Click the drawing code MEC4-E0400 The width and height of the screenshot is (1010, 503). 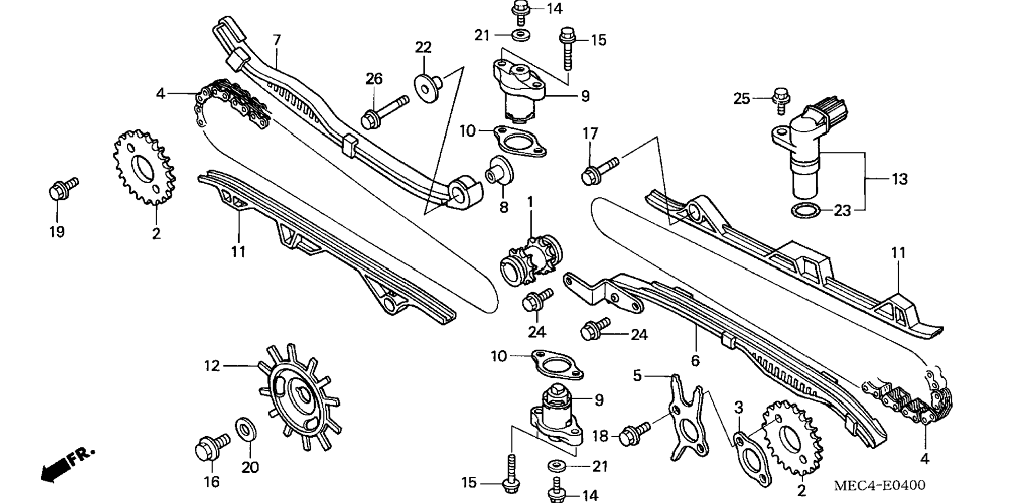click(x=879, y=485)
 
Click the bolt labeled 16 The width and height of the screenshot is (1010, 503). click(x=212, y=447)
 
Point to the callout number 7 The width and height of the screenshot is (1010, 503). click(x=277, y=40)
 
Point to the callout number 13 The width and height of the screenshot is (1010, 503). click(x=899, y=179)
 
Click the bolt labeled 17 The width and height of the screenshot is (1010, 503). click(x=599, y=171)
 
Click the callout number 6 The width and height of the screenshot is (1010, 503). click(x=695, y=360)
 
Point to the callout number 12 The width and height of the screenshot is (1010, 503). click(x=212, y=366)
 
